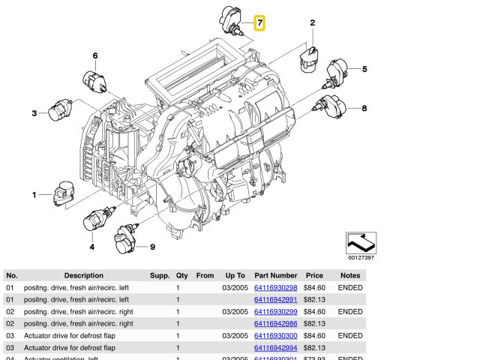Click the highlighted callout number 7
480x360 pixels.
coord(259,23)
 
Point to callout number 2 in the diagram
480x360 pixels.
coord(312,23)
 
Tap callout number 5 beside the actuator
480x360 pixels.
coord(364,70)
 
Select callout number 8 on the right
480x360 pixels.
coord(364,109)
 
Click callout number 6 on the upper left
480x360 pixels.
coord(95,56)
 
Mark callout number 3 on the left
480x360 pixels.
coord(34,113)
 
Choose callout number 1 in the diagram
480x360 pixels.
coord(34,195)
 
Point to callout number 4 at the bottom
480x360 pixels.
coord(91,247)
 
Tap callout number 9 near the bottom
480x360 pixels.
coord(152,247)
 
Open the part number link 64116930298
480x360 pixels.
coord(275,288)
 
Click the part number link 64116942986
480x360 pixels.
coord(275,324)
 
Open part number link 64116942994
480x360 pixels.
coord(275,348)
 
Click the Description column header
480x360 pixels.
coord(83,275)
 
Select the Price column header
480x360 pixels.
coord(314,275)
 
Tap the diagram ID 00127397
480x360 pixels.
coord(360,257)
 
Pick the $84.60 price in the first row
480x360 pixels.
coord(314,288)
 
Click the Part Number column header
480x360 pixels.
coord(275,275)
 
